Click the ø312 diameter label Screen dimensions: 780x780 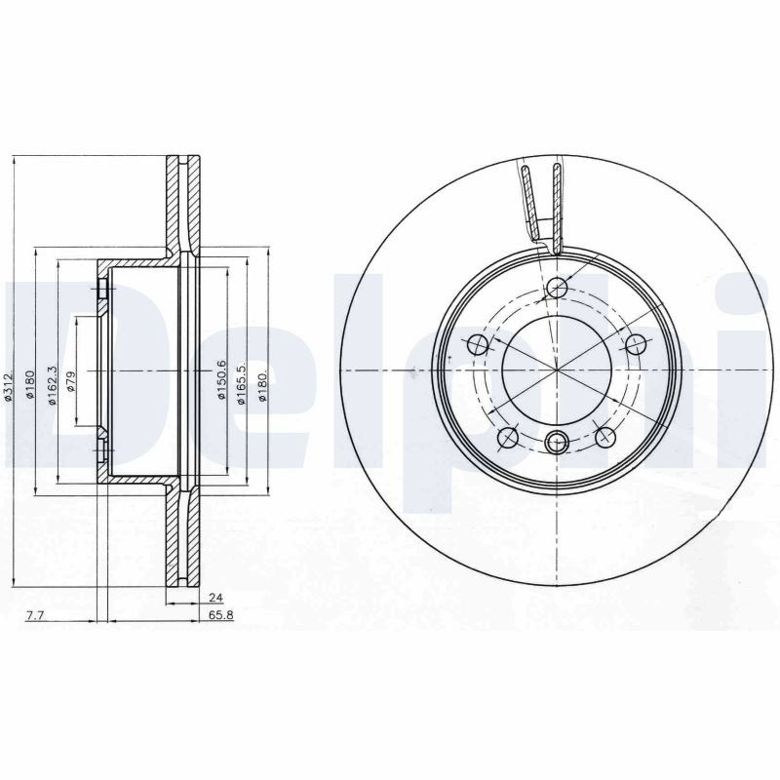tap(8, 386)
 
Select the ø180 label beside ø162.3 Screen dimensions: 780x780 tap(29, 384)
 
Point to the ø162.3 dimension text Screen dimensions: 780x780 tap(53, 385)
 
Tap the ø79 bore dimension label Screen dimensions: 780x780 tap(70, 381)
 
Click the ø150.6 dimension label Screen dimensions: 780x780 tap(221, 380)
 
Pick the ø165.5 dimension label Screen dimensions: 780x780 tap(242, 384)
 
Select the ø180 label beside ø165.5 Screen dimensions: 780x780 tap(262, 384)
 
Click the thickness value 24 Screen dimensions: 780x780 tap(215, 597)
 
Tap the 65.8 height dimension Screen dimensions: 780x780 tap(221, 615)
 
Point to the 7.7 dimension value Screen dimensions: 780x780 tap(35, 615)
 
